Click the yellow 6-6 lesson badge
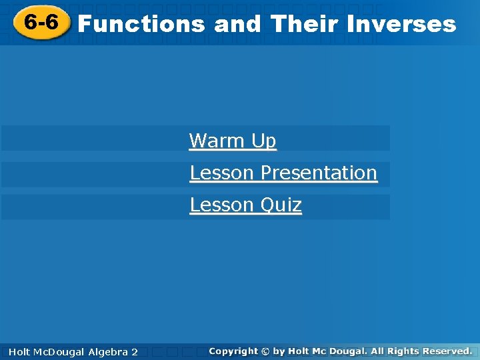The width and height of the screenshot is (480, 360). point(41,23)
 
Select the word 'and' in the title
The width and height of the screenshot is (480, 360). point(238,24)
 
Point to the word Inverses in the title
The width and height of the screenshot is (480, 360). point(402,24)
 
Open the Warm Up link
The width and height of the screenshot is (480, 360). point(232,141)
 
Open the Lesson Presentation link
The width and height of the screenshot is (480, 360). point(283,173)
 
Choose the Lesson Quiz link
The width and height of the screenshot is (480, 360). point(245,205)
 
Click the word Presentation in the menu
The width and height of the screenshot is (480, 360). point(319,173)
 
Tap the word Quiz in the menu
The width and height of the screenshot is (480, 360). point(281,205)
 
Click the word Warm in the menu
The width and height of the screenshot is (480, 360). point(217,141)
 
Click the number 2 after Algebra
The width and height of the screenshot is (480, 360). point(134,351)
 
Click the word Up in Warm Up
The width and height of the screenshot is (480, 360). point(263,141)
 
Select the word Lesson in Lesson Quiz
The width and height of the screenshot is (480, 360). point(212,205)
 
